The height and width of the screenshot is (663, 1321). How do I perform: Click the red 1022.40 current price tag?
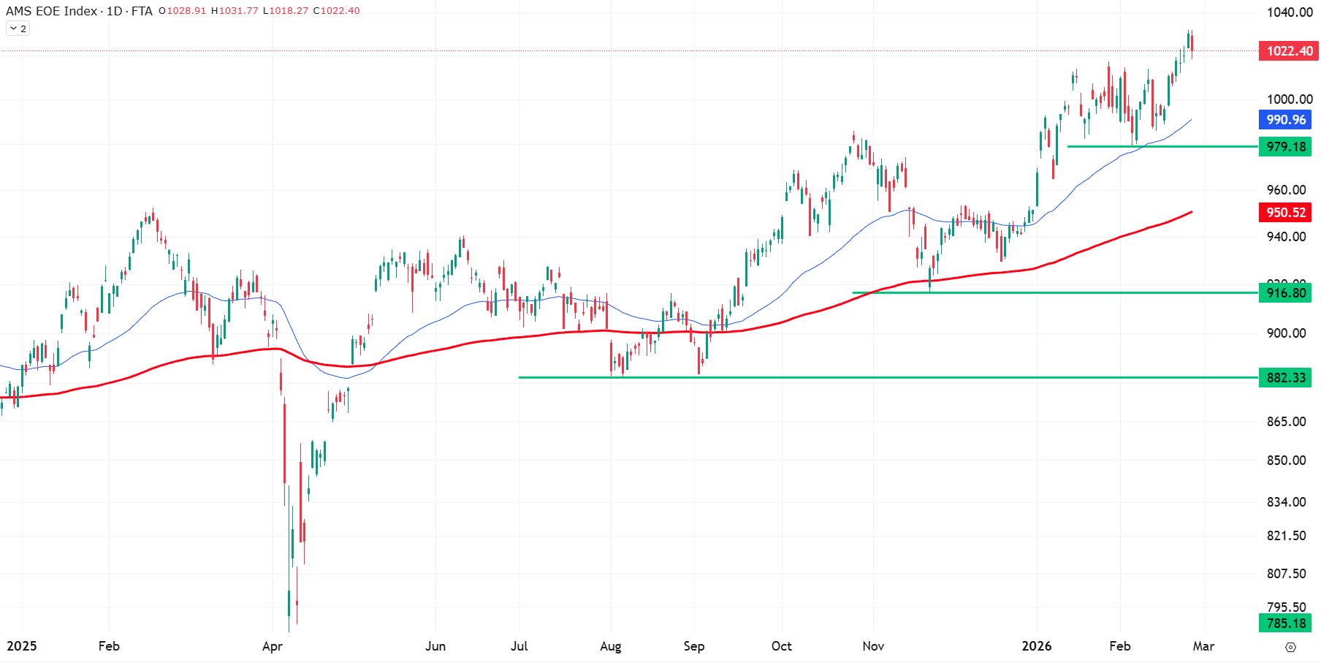1289,51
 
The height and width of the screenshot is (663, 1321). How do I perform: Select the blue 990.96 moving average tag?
1285,120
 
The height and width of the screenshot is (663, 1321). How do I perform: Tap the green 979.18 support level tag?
1285,147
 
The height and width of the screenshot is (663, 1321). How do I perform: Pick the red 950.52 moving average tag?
1285,213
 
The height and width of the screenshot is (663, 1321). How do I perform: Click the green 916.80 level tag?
1285,293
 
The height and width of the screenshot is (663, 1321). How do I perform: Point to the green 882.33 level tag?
1285,378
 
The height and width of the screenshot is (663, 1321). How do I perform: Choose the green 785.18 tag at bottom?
1285,624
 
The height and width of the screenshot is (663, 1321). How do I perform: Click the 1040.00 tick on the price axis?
1290,12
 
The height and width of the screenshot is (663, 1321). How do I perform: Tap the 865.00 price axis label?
1286,422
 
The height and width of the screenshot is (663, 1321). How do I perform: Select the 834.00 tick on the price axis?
1286,502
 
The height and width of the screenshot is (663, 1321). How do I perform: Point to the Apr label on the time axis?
272,646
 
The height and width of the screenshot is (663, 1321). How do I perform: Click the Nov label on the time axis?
873,646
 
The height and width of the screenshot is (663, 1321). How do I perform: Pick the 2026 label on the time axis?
1036,646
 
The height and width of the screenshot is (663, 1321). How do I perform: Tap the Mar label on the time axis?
1203,646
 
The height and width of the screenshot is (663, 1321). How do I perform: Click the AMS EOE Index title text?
51,11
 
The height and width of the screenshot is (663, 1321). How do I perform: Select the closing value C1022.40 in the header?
336,11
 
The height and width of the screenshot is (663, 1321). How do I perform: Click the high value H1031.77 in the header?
235,11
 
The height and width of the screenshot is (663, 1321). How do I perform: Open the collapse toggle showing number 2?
18,29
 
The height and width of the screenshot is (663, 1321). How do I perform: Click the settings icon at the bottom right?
1290,647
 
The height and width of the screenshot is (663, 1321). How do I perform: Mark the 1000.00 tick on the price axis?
1290,99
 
